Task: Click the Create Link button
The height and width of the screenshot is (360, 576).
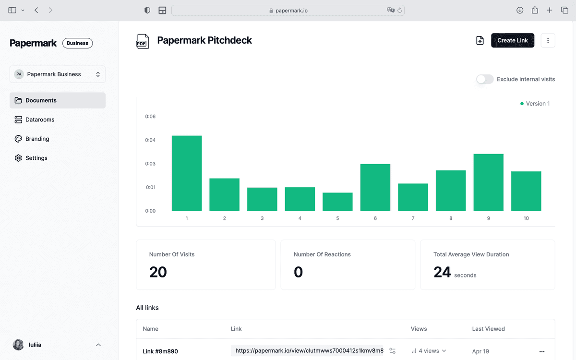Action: [512, 40]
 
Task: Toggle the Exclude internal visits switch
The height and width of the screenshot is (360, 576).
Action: [485, 79]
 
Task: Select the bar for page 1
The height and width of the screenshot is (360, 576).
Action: [187, 173]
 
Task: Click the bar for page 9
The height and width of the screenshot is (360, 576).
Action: [488, 182]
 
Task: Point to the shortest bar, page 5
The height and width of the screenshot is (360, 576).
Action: [337, 202]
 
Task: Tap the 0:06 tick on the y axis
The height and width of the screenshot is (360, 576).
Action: [150, 117]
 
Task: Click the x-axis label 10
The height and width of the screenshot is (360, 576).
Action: [526, 218]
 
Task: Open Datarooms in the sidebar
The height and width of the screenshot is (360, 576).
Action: [40, 120]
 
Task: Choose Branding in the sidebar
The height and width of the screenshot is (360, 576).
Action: [37, 139]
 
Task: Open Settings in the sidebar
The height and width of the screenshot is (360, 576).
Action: [36, 158]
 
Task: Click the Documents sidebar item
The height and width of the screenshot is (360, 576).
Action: [41, 100]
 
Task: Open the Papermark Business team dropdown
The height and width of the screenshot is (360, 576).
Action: [58, 74]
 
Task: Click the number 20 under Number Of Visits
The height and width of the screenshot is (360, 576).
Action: [158, 272]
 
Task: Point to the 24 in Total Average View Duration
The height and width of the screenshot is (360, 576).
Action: [442, 272]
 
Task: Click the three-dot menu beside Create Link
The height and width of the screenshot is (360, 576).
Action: [548, 40]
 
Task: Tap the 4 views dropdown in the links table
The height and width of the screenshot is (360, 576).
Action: [429, 351]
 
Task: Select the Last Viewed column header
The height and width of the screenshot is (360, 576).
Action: [488, 329]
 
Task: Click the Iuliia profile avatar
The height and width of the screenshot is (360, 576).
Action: [18, 345]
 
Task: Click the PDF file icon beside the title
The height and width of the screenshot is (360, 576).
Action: [142, 41]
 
